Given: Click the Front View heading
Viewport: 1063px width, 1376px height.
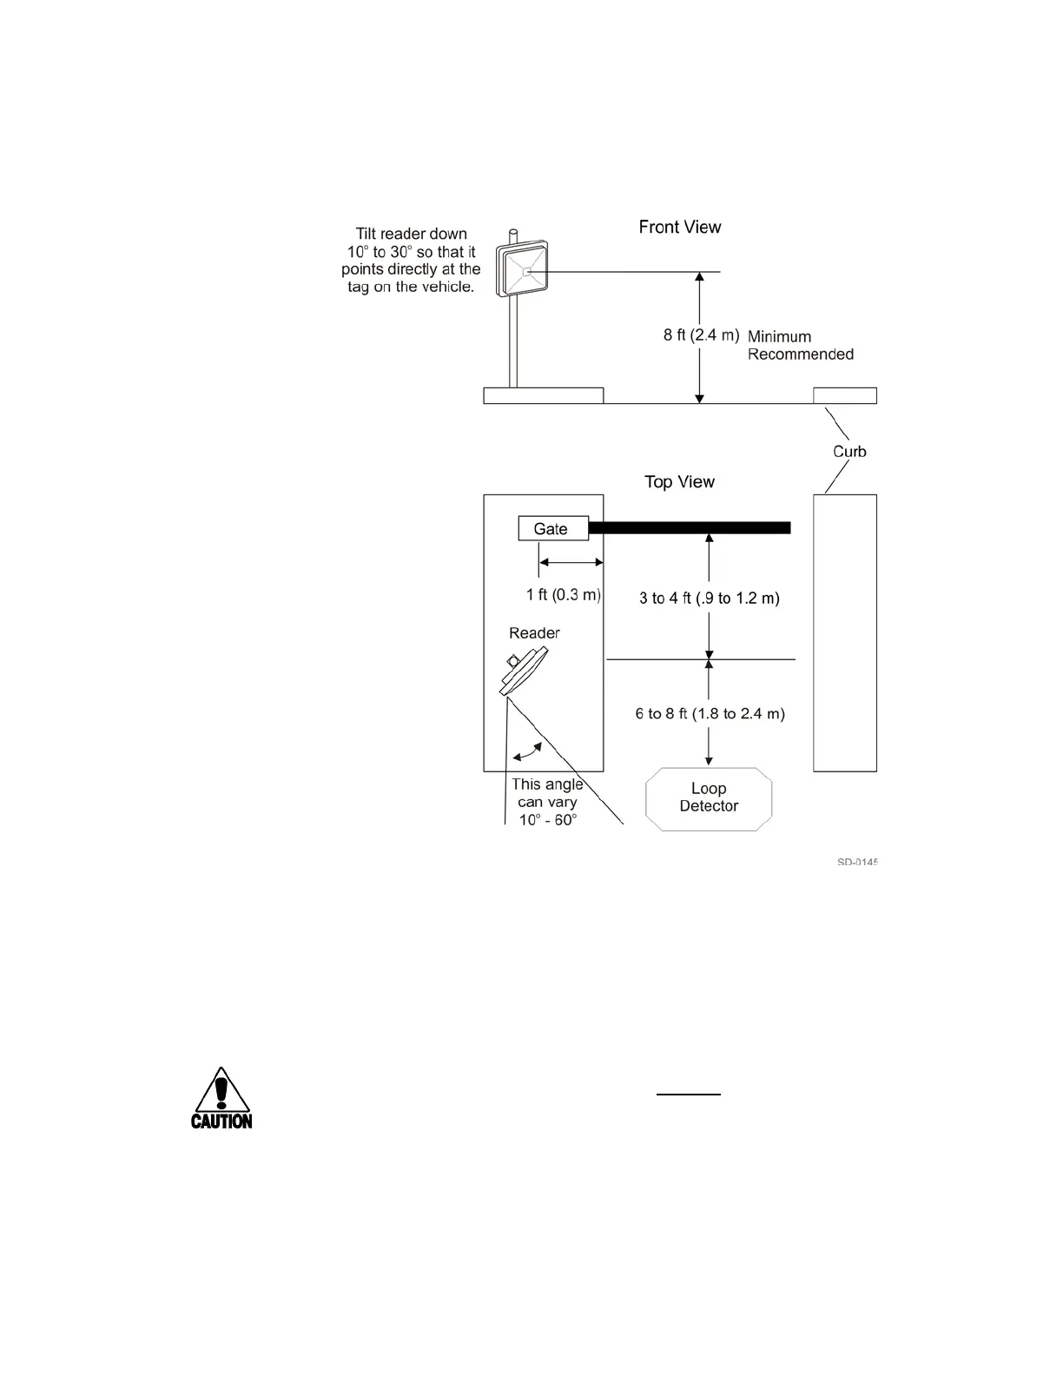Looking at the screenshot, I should [680, 227].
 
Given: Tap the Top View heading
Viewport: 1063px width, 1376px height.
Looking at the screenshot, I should [679, 481].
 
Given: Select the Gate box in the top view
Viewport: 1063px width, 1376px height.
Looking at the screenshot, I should [552, 528].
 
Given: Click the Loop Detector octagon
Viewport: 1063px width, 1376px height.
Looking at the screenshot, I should [709, 798].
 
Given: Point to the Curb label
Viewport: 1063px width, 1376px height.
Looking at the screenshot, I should [849, 451].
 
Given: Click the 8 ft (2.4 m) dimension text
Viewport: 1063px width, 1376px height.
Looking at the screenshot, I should [701, 335].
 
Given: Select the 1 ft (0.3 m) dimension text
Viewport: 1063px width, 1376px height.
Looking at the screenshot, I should [563, 595].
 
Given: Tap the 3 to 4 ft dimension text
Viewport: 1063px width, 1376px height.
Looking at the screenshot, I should [710, 598].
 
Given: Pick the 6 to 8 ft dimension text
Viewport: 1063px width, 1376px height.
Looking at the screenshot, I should [710, 713].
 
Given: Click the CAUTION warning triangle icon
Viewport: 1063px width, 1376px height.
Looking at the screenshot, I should [221, 1098].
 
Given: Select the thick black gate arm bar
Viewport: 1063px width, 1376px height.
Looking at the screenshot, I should [690, 527].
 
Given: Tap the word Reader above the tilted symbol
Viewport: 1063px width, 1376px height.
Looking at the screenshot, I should [534, 632].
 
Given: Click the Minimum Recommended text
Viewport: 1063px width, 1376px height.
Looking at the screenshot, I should [800, 345].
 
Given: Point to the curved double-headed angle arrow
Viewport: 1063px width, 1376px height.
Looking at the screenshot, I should [528, 752].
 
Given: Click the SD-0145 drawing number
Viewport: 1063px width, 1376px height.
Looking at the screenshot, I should [857, 863].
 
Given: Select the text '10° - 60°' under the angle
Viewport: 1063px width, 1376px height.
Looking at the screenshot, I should [548, 820].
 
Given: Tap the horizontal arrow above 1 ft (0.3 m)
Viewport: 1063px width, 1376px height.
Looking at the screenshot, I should [571, 563].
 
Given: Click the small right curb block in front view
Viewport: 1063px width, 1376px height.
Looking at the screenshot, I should [844, 396].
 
